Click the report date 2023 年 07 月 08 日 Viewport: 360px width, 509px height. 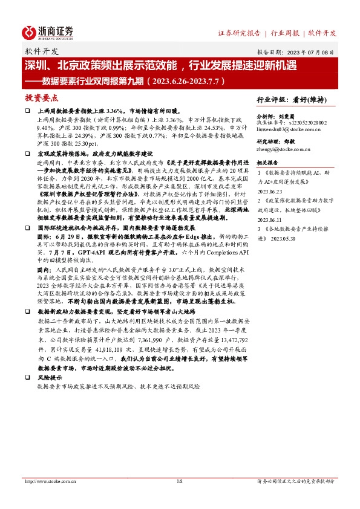point(315,53)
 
